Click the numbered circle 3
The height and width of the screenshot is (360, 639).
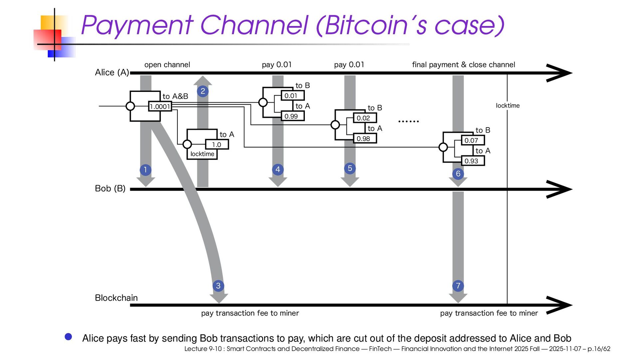tap(218, 286)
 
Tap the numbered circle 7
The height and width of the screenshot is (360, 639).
tap(458, 286)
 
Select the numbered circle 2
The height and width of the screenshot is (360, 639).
tap(203, 91)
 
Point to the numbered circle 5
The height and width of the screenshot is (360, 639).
tap(350, 168)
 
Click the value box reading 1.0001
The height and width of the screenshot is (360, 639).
tap(160, 106)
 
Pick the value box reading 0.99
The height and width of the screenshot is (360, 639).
tap(293, 116)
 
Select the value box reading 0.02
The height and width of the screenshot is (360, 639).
tap(365, 118)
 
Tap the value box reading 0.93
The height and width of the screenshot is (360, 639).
tap(473, 161)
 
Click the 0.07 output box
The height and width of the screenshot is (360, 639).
tap(473, 140)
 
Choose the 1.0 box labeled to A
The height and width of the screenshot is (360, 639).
tap(217, 145)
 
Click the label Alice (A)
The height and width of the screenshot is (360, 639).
tap(112, 72)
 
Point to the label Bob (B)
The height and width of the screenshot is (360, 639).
tap(110, 188)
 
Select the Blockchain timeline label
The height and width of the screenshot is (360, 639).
tap(116, 298)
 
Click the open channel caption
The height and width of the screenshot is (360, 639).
tap(167, 65)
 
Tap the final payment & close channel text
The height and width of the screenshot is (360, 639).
tap(464, 65)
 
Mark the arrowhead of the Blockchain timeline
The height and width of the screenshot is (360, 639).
tap(572, 305)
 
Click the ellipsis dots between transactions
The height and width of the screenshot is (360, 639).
tap(408, 122)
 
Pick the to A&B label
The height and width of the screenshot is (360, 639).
tap(175, 96)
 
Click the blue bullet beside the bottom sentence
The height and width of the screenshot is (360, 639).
tap(68, 337)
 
